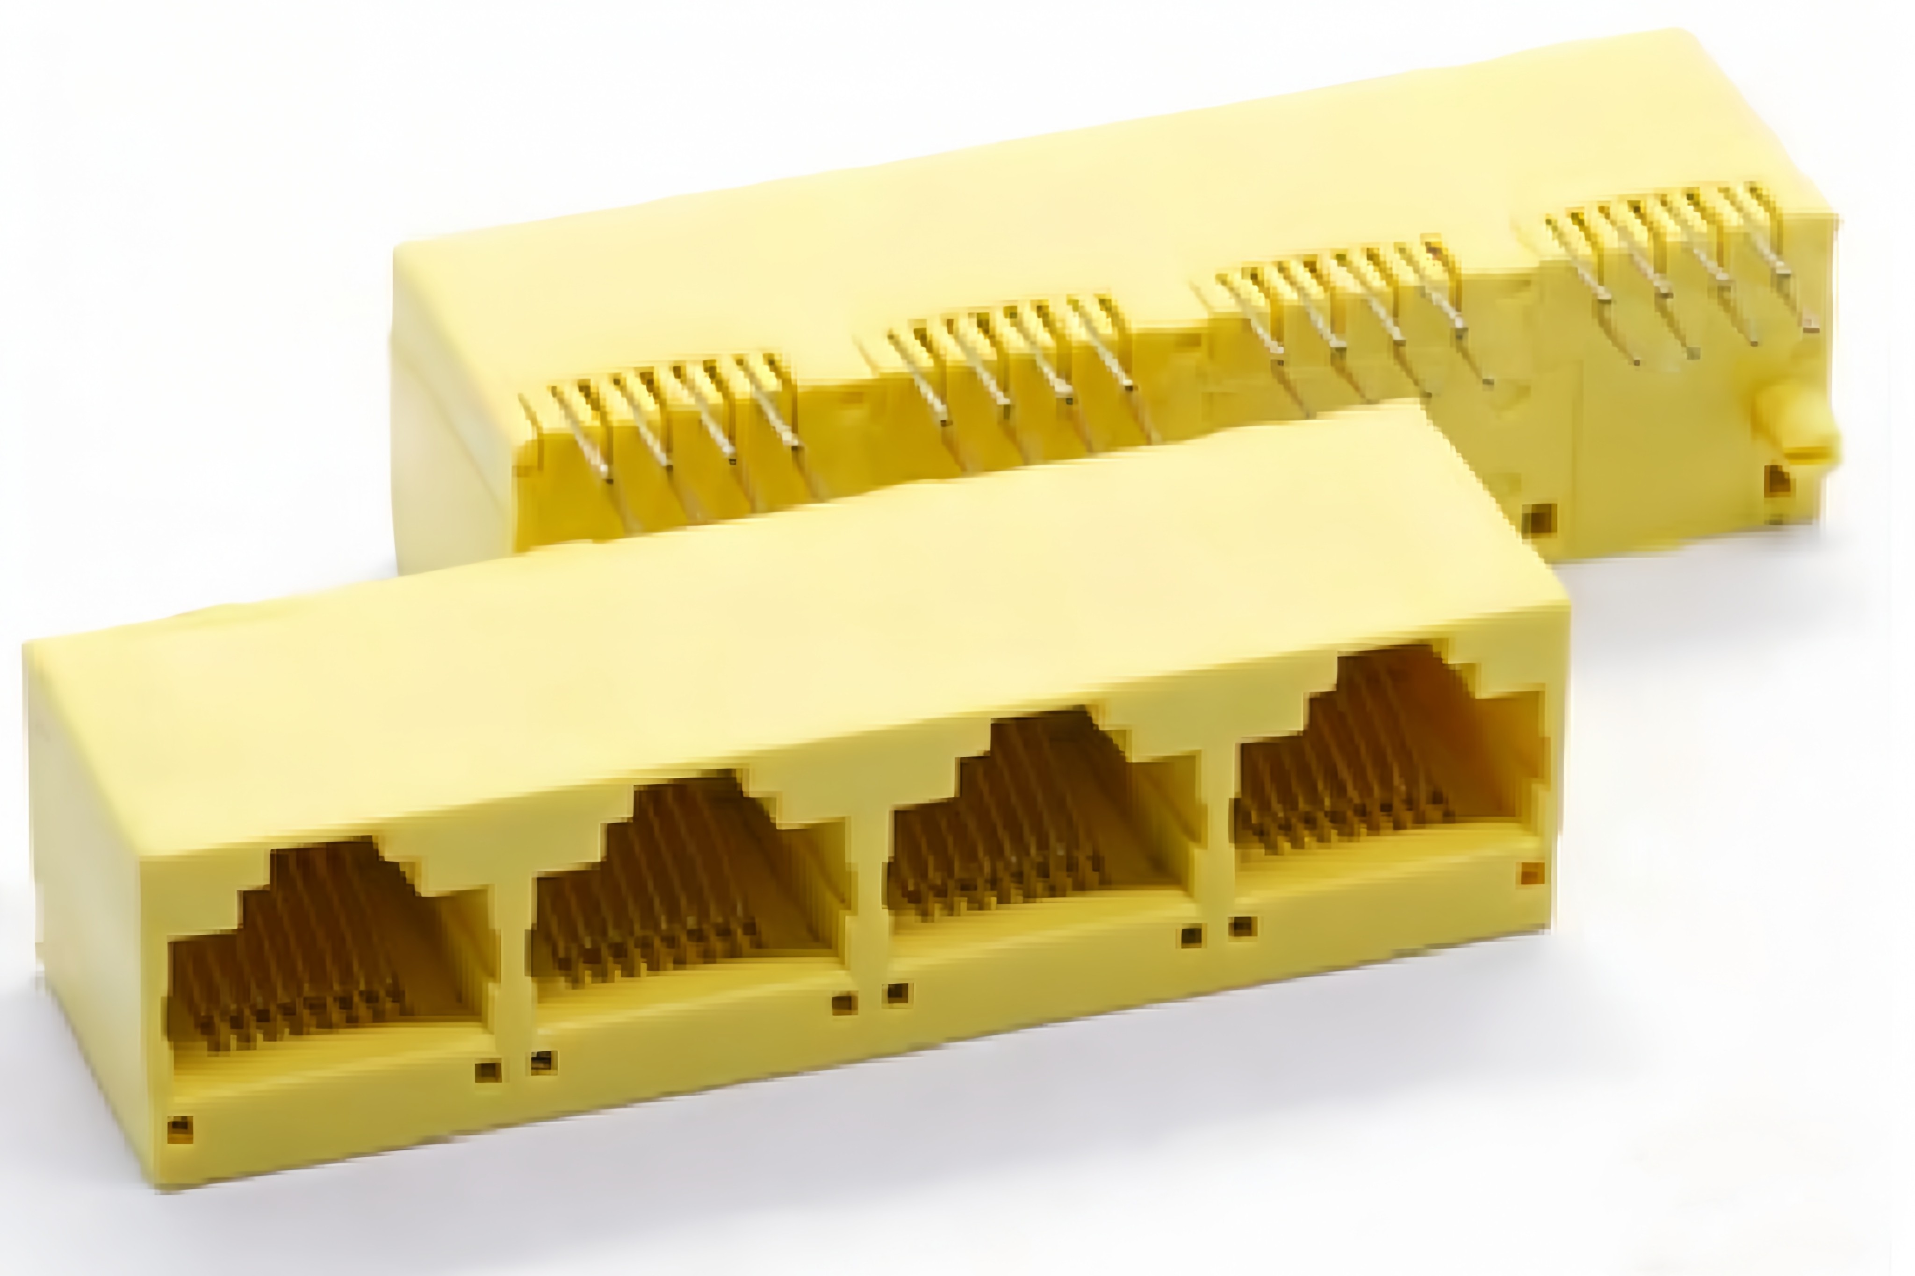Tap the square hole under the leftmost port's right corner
click(488, 1071)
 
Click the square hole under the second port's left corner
click(543, 1061)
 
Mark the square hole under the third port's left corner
click(897, 993)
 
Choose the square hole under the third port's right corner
click(1191, 936)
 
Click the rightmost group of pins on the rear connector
click(1677, 260)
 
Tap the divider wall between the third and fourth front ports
click(1217, 838)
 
